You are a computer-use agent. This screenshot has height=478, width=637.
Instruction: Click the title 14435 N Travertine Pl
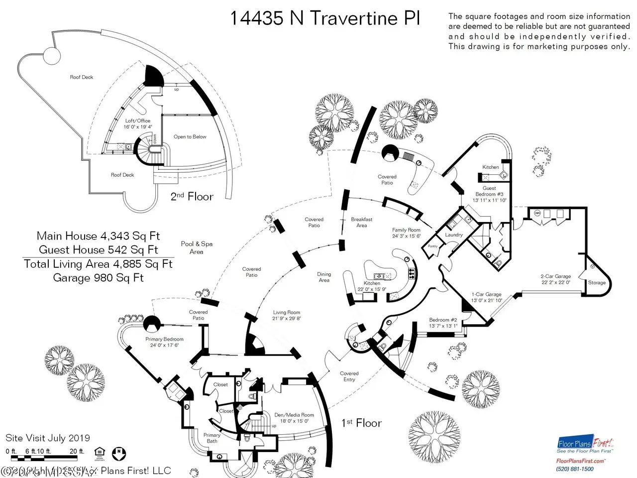[x=325, y=18]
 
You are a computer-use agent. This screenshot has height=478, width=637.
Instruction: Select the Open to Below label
[x=190, y=136]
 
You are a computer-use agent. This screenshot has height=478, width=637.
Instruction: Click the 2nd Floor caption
[x=192, y=196]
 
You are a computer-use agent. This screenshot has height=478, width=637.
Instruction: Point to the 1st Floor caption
[x=361, y=423]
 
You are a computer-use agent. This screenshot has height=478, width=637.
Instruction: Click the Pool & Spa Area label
[x=197, y=247]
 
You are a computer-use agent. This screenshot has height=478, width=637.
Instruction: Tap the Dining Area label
[x=324, y=277]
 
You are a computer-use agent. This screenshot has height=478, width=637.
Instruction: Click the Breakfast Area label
[x=362, y=222]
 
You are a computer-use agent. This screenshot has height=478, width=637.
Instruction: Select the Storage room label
[x=597, y=282]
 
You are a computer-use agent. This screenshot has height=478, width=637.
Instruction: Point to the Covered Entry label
[x=349, y=376]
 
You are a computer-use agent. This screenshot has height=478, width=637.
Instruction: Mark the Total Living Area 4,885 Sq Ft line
[x=98, y=263]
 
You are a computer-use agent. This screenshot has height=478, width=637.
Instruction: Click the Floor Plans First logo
[x=585, y=446]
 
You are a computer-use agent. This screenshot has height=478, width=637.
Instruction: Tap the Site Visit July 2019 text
[x=48, y=438]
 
